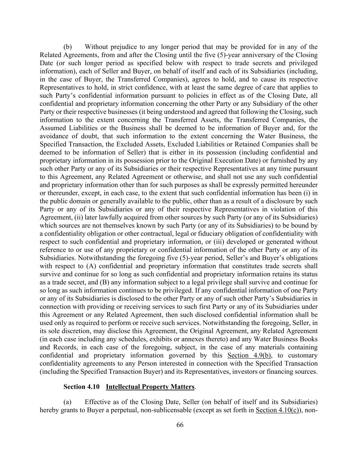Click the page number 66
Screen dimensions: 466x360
tap(180, 425)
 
